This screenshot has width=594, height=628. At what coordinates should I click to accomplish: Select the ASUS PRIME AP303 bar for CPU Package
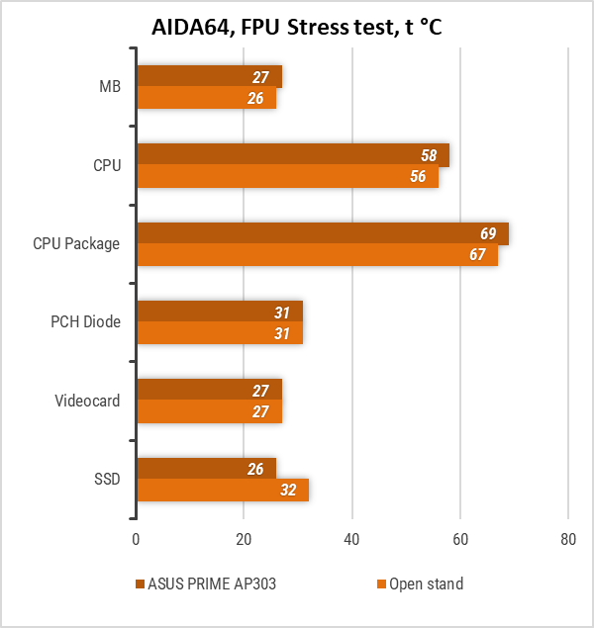tap(322, 233)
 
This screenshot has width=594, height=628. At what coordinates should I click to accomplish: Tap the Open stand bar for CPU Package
tap(317, 255)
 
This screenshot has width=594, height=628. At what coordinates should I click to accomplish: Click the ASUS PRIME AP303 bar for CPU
tap(292, 155)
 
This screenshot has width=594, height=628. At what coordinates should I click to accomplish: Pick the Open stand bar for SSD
tap(222, 490)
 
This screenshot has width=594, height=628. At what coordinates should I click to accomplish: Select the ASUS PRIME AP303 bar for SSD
tap(206, 468)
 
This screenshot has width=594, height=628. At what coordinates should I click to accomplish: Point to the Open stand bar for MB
tap(206, 99)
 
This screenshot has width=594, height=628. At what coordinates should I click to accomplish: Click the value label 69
tap(488, 234)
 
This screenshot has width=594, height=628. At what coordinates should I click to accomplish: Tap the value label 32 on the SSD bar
tap(288, 490)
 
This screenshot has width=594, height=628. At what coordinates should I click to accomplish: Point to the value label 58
tap(429, 156)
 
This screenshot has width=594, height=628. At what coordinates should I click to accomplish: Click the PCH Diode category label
tap(86, 322)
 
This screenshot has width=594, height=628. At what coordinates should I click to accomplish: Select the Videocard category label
tap(88, 401)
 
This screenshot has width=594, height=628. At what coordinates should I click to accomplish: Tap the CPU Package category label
tap(76, 244)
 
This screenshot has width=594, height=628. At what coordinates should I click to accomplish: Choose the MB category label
tap(110, 88)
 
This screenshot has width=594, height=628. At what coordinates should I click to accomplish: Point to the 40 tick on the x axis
tap(351, 540)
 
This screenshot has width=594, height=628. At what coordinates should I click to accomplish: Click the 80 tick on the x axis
tap(567, 540)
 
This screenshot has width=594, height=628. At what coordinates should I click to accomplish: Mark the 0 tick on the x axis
tap(136, 540)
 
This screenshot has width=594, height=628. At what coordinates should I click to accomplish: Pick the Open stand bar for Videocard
tap(209, 411)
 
